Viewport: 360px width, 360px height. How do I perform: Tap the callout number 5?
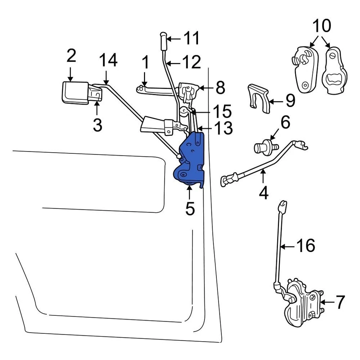coord(190,209)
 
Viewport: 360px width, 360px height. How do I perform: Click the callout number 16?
coord(306,246)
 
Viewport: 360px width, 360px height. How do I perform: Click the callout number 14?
coord(108,61)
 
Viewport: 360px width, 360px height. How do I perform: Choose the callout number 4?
coord(264,193)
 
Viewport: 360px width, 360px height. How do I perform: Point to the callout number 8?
coord(220,88)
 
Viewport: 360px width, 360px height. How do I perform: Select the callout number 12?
coord(192,62)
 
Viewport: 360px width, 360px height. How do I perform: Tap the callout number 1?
coord(145,63)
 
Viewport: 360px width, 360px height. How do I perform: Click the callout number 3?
coord(97,125)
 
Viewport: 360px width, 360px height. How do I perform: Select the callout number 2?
coord(71,56)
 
